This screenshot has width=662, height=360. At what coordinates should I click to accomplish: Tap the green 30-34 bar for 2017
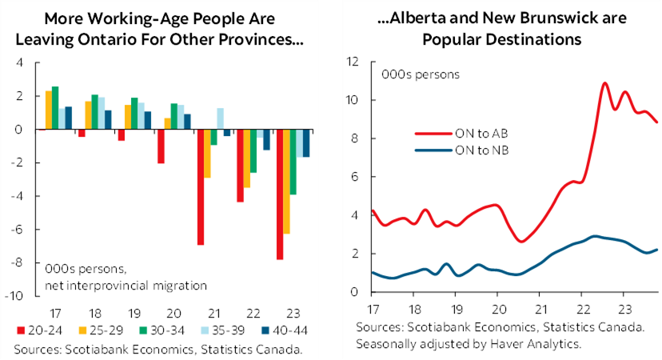[55, 108]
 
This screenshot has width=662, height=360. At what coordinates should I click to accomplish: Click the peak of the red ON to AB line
[604, 83]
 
